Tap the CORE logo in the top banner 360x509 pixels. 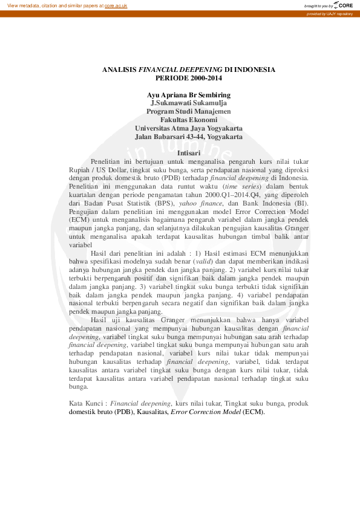342,5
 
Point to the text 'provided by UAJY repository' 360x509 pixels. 330,13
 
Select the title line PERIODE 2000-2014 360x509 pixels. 189,78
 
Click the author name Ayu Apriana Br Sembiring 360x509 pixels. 189,95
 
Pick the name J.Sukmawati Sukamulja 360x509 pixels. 189,103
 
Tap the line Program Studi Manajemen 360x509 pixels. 189,112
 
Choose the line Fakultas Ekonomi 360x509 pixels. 189,120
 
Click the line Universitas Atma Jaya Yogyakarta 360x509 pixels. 189,129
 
